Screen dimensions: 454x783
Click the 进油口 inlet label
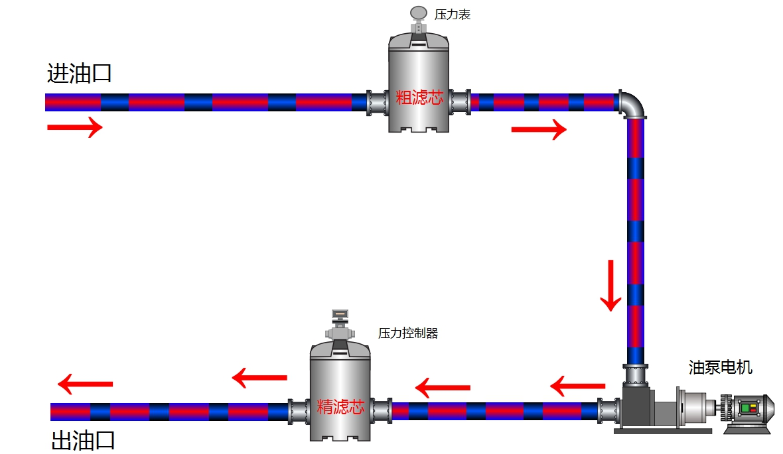pyautogui.click(x=79, y=74)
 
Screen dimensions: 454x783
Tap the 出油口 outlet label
pyautogui.click(x=84, y=441)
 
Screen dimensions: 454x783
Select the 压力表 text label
pyautogui.click(x=453, y=15)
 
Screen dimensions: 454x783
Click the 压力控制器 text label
pyautogui.click(x=408, y=333)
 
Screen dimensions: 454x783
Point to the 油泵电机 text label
pyautogui.click(x=721, y=367)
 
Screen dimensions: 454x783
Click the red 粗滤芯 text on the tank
pyautogui.click(x=419, y=98)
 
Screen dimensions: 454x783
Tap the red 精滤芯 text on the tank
pyautogui.click(x=341, y=406)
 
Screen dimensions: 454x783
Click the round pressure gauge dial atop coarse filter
pyautogui.click(x=419, y=13)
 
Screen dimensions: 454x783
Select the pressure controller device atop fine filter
pyautogui.click(x=340, y=325)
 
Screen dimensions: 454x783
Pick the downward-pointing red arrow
pyautogui.click(x=611, y=285)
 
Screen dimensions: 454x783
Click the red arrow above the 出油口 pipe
pyautogui.click(x=85, y=384)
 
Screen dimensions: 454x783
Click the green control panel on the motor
pyautogui.click(x=750, y=408)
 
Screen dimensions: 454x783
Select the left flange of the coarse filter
pyautogui.click(x=378, y=102)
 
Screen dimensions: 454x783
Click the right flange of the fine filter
pyautogui.click(x=381, y=411)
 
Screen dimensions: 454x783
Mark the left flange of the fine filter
pyautogui.click(x=299, y=411)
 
